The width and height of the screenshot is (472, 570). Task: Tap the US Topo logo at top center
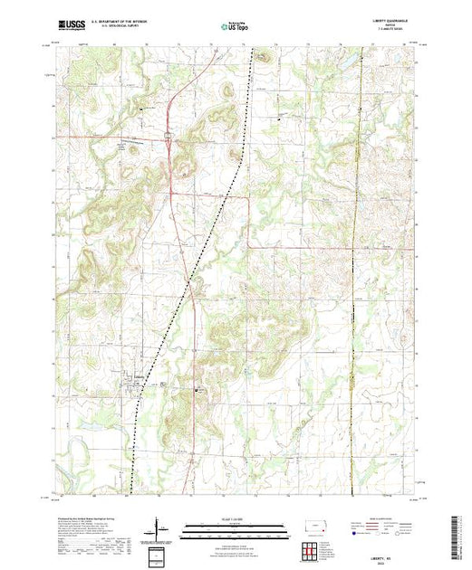236,27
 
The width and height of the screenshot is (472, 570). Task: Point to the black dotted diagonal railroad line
195,271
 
